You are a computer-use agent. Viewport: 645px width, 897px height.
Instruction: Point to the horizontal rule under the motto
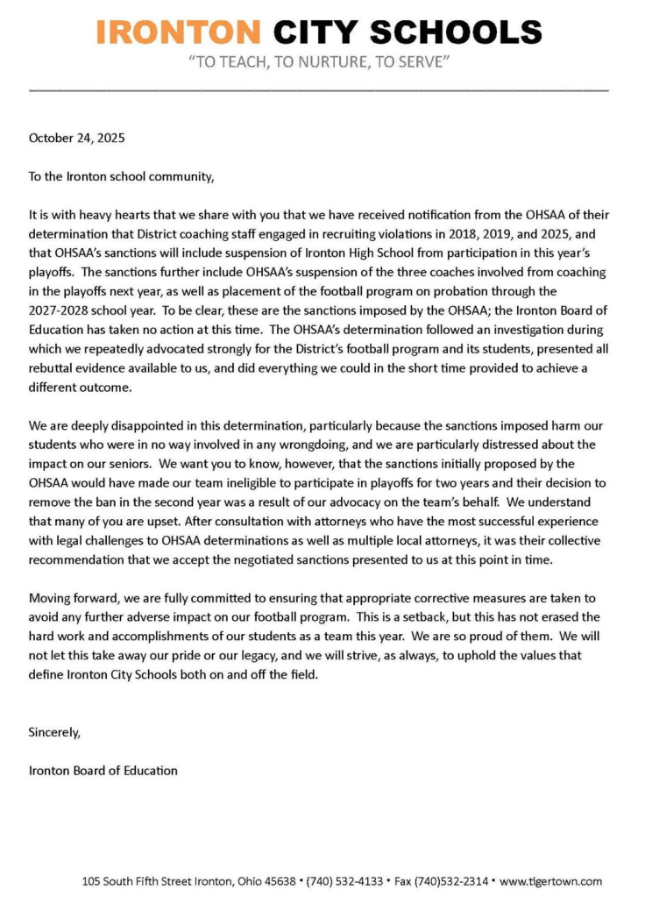[319, 90]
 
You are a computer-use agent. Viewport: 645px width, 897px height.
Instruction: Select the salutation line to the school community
[121, 176]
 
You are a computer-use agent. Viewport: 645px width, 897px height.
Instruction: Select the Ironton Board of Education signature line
[103, 771]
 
